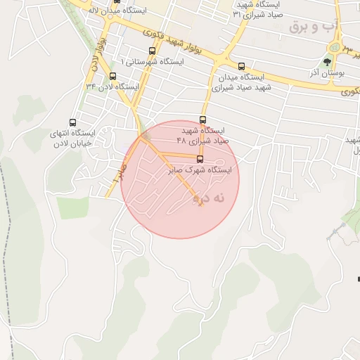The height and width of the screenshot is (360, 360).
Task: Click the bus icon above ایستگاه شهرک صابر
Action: tap(200, 160)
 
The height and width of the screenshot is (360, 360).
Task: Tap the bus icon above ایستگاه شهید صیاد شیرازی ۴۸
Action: tap(203, 120)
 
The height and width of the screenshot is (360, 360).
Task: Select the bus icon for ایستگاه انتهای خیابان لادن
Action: tap(73, 122)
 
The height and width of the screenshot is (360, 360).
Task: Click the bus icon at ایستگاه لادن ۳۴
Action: tap(112, 76)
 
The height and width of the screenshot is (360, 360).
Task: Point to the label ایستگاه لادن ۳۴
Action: tap(112, 86)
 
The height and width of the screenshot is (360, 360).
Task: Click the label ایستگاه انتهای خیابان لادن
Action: tap(51, 139)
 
